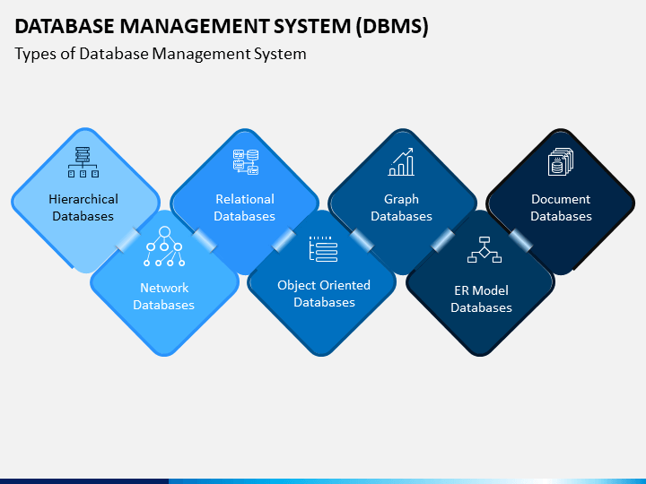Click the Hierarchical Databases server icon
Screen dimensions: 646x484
coord(83,162)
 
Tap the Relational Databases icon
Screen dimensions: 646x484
coord(246,161)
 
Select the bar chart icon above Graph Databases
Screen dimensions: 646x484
coord(401,161)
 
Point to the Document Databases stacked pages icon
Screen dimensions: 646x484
coord(560,161)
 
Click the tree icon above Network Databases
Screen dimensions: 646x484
coord(164,246)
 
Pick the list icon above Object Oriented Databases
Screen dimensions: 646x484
coord(323,249)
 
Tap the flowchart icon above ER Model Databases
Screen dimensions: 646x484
coord(484,249)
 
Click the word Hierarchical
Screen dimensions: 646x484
coord(83,199)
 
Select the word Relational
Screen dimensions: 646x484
coord(245,199)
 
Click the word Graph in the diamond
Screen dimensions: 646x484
coord(401,200)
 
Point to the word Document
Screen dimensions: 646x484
coord(561,199)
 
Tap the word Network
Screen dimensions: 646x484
coord(164,288)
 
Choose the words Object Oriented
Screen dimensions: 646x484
coord(324,285)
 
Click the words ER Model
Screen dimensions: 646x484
coord(481,290)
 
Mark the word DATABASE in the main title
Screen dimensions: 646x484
coord(65,26)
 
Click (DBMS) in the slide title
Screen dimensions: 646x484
coord(392,26)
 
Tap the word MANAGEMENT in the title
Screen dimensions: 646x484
coord(194,26)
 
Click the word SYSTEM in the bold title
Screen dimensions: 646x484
coord(312,26)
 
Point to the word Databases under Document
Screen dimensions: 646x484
coord(561,216)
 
